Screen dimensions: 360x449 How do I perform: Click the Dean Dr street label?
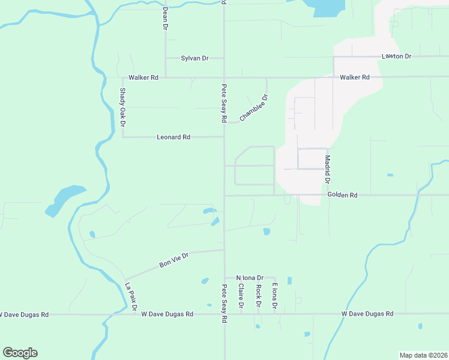164,18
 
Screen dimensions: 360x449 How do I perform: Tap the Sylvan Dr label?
194,58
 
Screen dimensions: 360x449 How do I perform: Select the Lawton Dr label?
396,56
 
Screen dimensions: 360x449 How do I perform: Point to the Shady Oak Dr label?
122,107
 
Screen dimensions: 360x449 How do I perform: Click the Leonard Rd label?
173,137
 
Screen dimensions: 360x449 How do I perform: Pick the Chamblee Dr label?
253,108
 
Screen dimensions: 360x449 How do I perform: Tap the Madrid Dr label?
328,170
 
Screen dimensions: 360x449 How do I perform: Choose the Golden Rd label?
343,195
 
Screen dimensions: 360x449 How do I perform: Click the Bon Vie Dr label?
174,260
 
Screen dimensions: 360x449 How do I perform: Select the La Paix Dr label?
131,296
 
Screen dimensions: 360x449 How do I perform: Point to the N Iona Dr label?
250,278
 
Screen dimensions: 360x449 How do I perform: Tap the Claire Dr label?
241,297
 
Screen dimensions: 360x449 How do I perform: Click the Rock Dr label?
258,296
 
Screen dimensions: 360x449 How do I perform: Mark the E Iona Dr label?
274,296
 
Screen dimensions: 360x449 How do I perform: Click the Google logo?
20,353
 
